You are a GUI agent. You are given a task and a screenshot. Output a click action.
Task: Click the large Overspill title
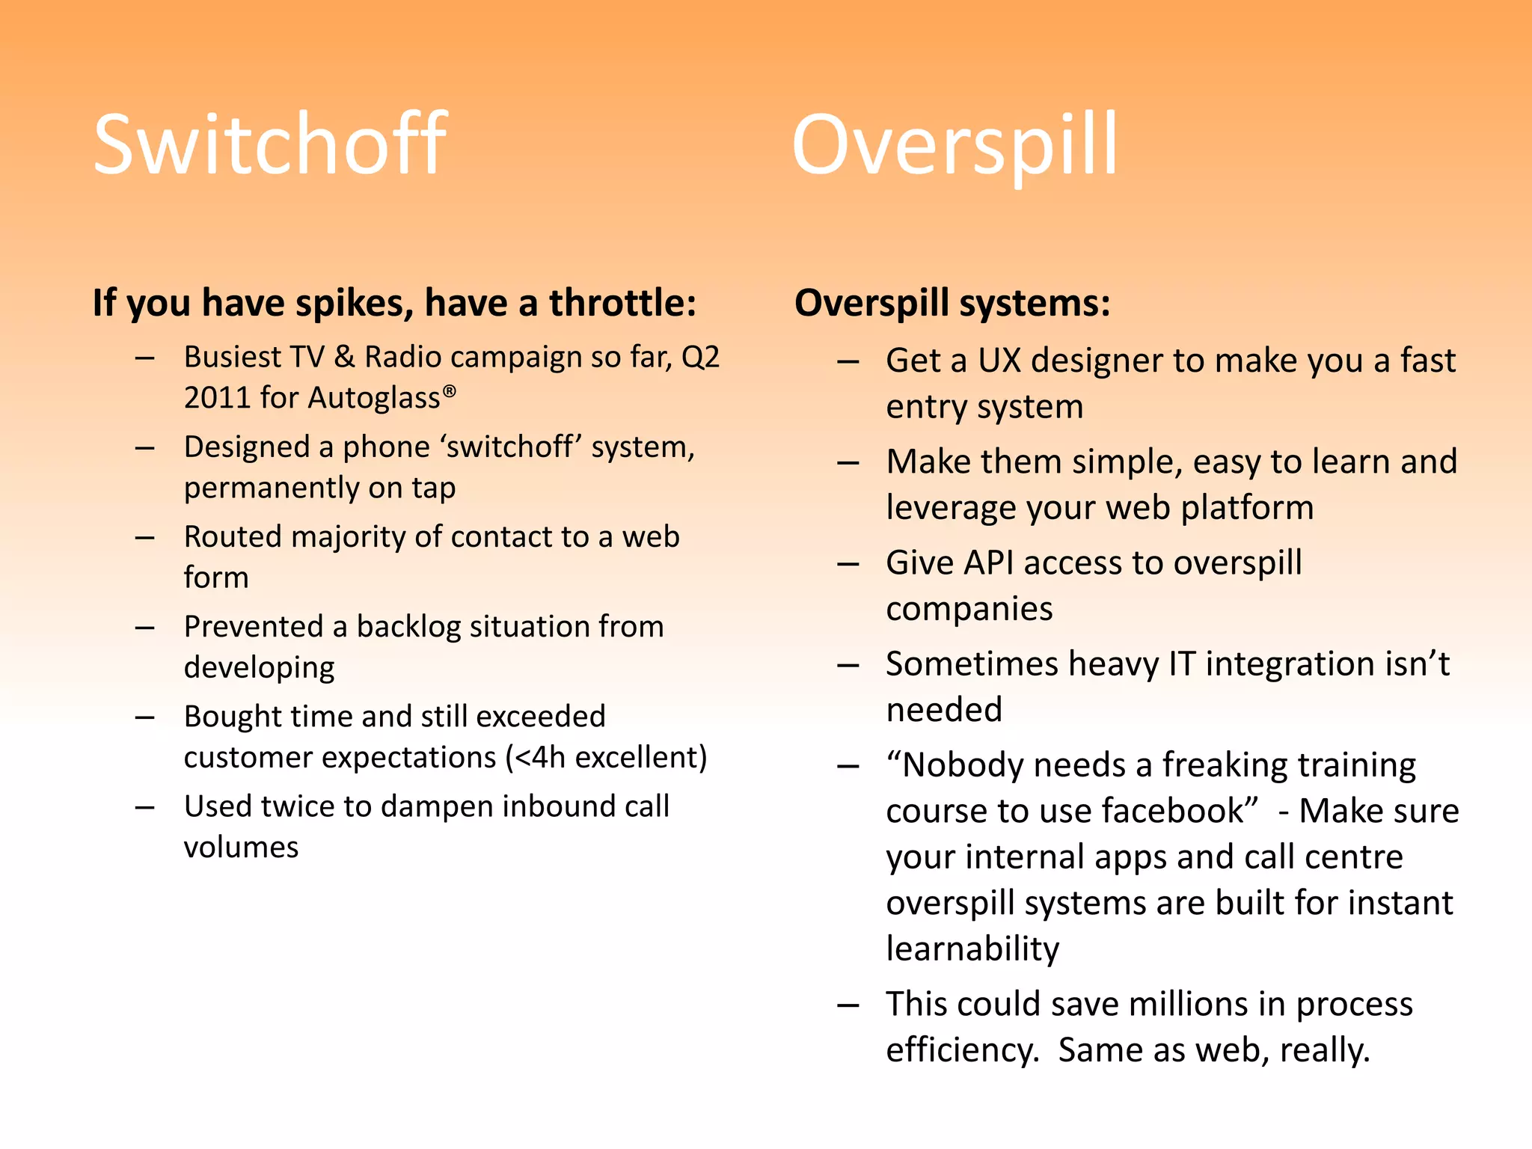[x=954, y=146]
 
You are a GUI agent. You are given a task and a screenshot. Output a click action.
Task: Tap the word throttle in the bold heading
[x=622, y=303]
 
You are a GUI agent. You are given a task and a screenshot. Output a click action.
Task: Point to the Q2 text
[x=700, y=357]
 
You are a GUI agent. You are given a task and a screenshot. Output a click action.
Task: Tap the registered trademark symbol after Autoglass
[x=449, y=390]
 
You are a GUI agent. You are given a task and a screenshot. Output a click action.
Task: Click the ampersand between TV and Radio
[x=344, y=357]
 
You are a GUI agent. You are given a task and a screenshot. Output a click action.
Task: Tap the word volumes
[x=241, y=848]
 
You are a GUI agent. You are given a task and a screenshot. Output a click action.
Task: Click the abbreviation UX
[x=999, y=361]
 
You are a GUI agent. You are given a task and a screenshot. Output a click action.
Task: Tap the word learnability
[x=972, y=949]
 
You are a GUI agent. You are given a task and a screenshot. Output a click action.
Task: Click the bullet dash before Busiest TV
[x=145, y=358]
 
